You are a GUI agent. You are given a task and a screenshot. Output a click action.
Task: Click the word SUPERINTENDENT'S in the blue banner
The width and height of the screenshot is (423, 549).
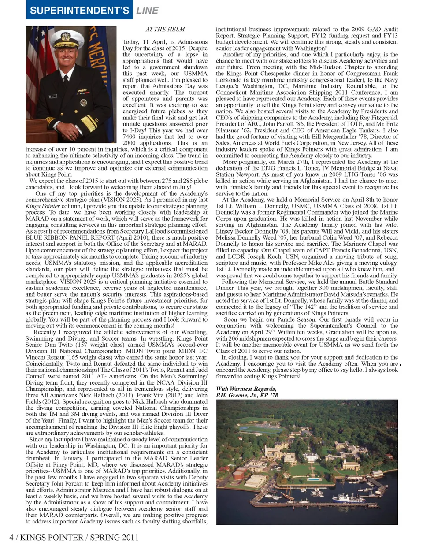tap(79, 10)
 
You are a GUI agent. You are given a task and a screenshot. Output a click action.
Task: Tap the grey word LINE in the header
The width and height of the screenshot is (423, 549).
tap(147, 10)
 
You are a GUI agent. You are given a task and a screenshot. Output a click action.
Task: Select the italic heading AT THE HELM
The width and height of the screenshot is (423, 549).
tap(165, 30)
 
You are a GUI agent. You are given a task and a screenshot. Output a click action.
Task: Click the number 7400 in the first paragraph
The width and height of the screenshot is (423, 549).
tap(129, 137)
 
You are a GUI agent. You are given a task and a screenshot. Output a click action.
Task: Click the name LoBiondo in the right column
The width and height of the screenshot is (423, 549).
tap(229, 80)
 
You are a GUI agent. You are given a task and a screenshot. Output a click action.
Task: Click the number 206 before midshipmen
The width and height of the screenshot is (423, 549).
tap(235, 338)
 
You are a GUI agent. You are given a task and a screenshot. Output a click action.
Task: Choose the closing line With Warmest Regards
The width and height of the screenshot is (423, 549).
tap(246, 389)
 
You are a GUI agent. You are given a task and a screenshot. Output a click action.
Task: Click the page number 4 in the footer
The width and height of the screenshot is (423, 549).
tap(11, 537)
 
